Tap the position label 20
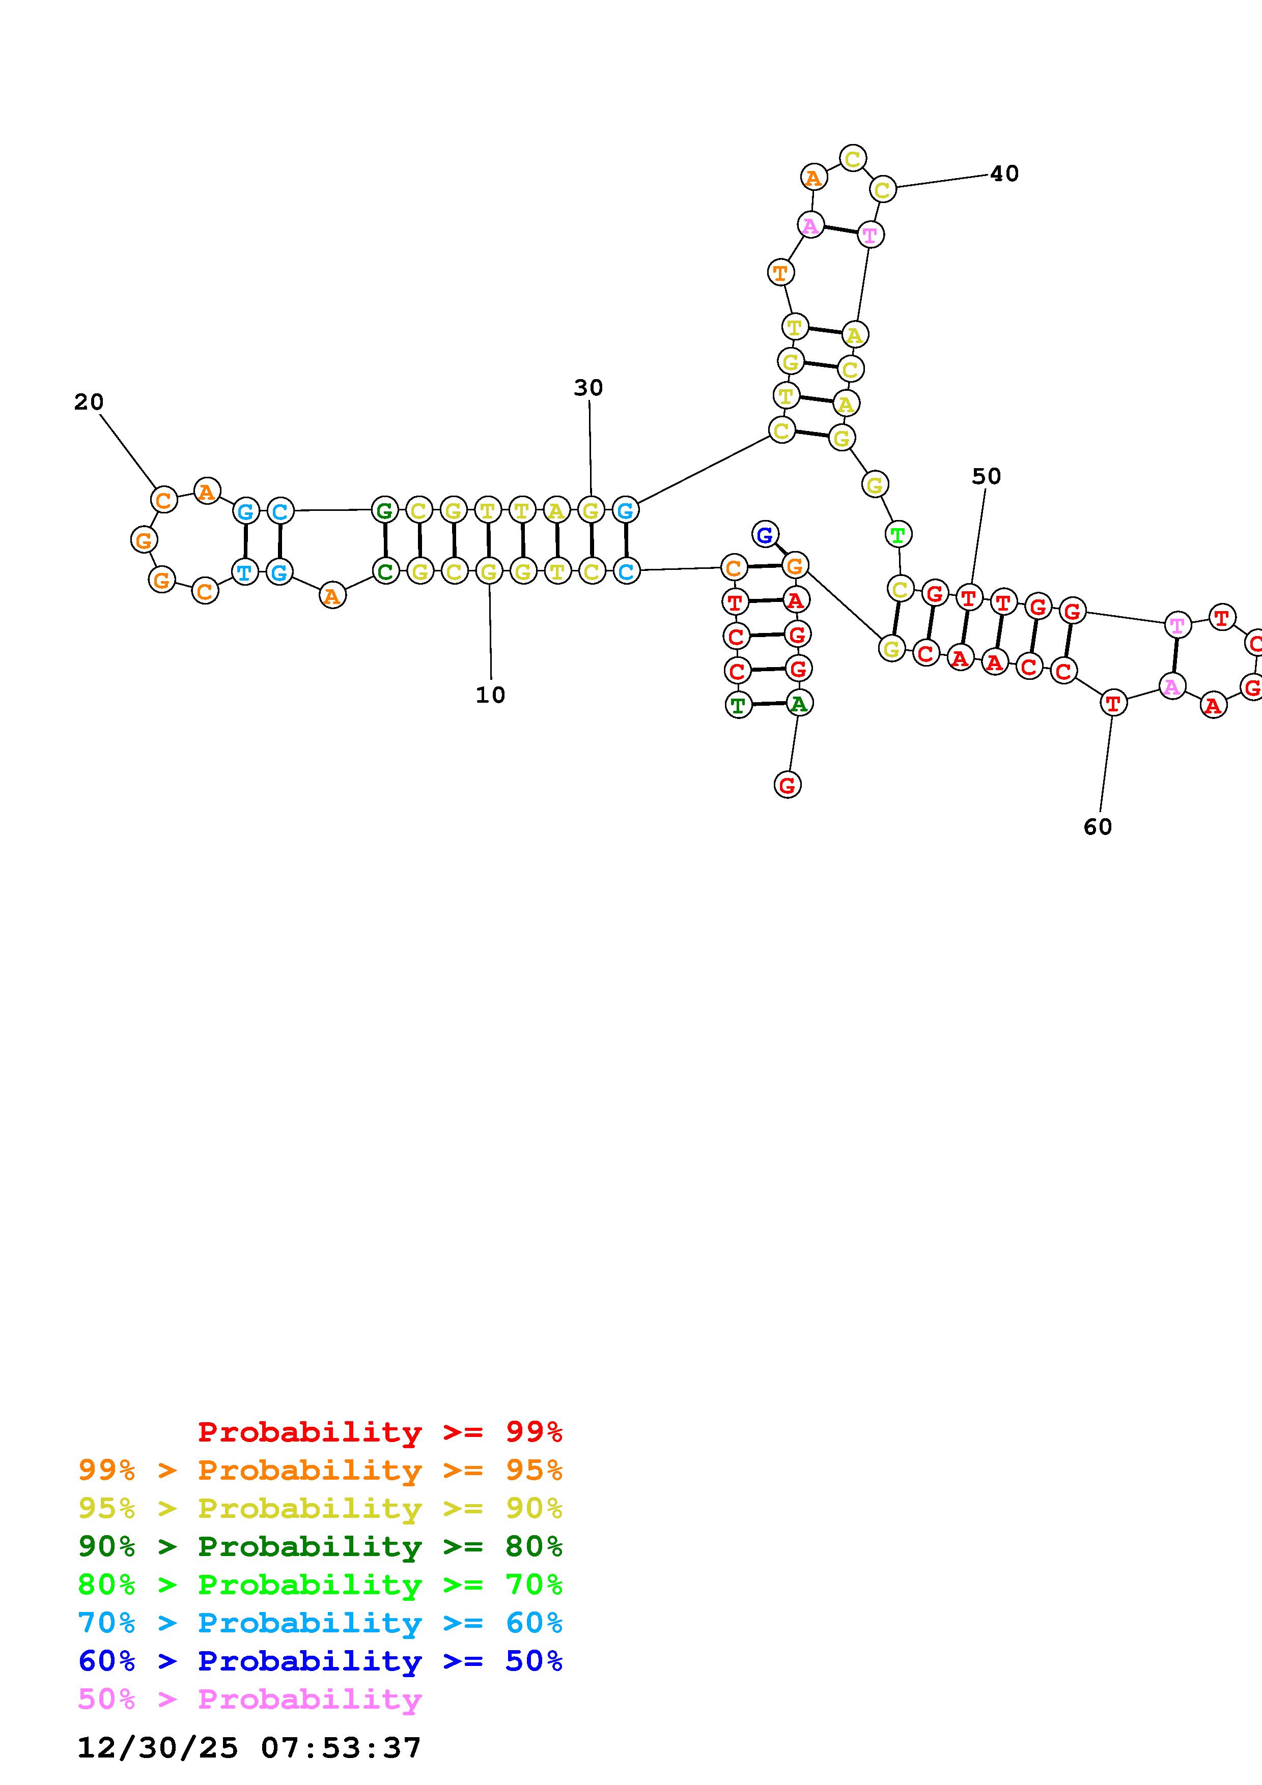tap(89, 402)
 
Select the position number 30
tap(588, 387)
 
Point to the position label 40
tap(1004, 174)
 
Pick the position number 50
tap(986, 476)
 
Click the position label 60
tap(1097, 827)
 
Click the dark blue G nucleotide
tap(765, 534)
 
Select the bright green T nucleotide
tap(898, 535)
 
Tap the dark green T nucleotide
tap(738, 705)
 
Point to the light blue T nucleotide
tap(245, 573)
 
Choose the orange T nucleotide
tap(780, 273)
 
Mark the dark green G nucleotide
tap(384, 511)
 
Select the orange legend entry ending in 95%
tap(320, 1470)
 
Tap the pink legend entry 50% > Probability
tap(249, 1698)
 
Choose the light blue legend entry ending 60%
tap(320, 1623)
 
